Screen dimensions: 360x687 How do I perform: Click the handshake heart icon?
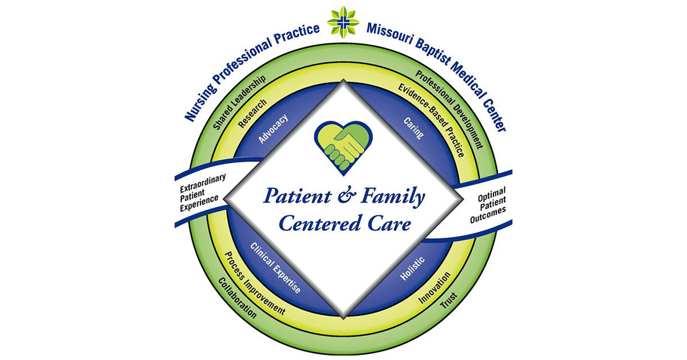click(343, 145)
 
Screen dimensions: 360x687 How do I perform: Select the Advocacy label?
click(273, 129)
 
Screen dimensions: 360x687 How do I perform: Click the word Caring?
click(413, 128)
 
